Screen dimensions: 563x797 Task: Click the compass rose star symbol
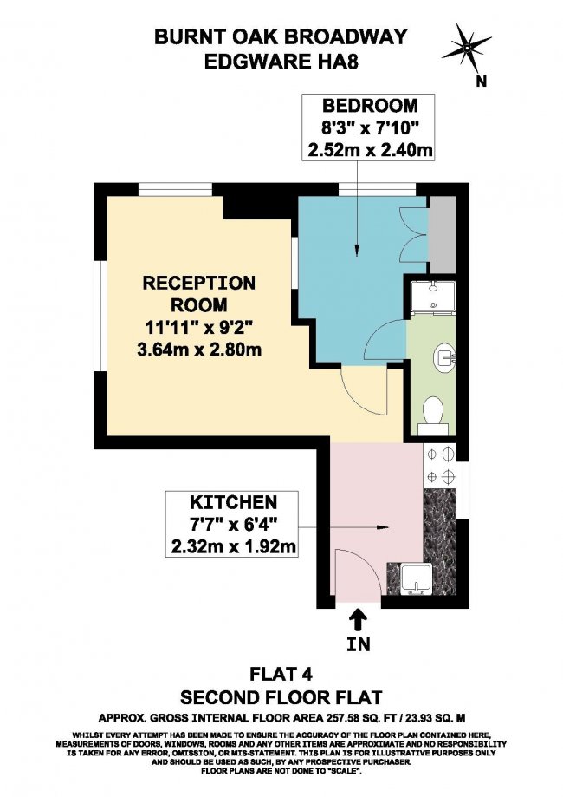pyautogui.click(x=467, y=49)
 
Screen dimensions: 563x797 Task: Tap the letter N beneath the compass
pyautogui.click(x=482, y=81)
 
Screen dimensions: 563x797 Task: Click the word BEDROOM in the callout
pyautogui.click(x=370, y=105)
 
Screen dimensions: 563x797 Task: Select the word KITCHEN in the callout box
pyautogui.click(x=234, y=502)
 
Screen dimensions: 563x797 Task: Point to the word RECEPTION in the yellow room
pyautogui.click(x=199, y=283)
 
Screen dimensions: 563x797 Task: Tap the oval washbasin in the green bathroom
pyautogui.click(x=445, y=356)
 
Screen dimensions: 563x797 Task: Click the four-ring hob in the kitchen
pyautogui.click(x=440, y=465)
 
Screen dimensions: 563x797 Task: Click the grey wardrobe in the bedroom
pyautogui.click(x=443, y=234)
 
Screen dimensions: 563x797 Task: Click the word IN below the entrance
pyautogui.click(x=359, y=644)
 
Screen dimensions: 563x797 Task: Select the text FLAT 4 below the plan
pyautogui.click(x=281, y=674)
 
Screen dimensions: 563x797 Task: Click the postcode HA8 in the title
pyautogui.click(x=336, y=62)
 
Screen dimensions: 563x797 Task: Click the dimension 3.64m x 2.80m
pyautogui.click(x=199, y=350)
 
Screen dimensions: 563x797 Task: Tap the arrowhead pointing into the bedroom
pyautogui.click(x=357, y=250)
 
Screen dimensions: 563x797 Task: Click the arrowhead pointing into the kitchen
pyautogui.click(x=384, y=527)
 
